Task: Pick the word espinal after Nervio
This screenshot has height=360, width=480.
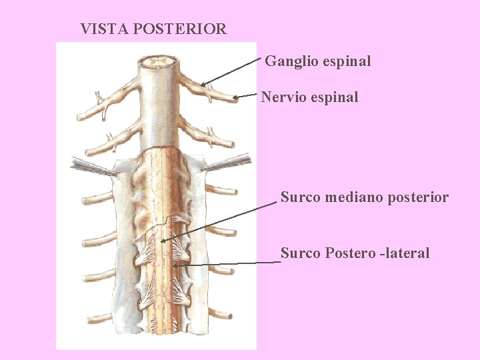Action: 333,97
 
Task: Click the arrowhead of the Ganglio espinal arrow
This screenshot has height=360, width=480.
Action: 202,85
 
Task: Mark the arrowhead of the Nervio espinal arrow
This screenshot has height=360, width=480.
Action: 234,98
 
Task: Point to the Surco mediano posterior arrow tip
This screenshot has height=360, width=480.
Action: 161,240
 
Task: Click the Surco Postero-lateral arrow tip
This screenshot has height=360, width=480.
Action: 173,265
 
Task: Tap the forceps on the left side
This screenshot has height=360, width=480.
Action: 90,166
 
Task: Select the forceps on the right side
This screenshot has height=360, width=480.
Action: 230,161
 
